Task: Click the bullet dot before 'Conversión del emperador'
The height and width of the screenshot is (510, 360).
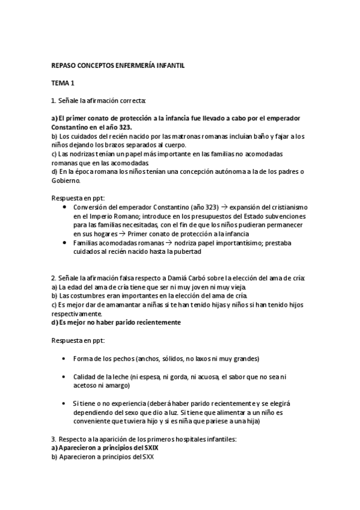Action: tap(65, 207)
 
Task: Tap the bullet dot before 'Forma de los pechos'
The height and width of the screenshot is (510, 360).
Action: tap(65, 358)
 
